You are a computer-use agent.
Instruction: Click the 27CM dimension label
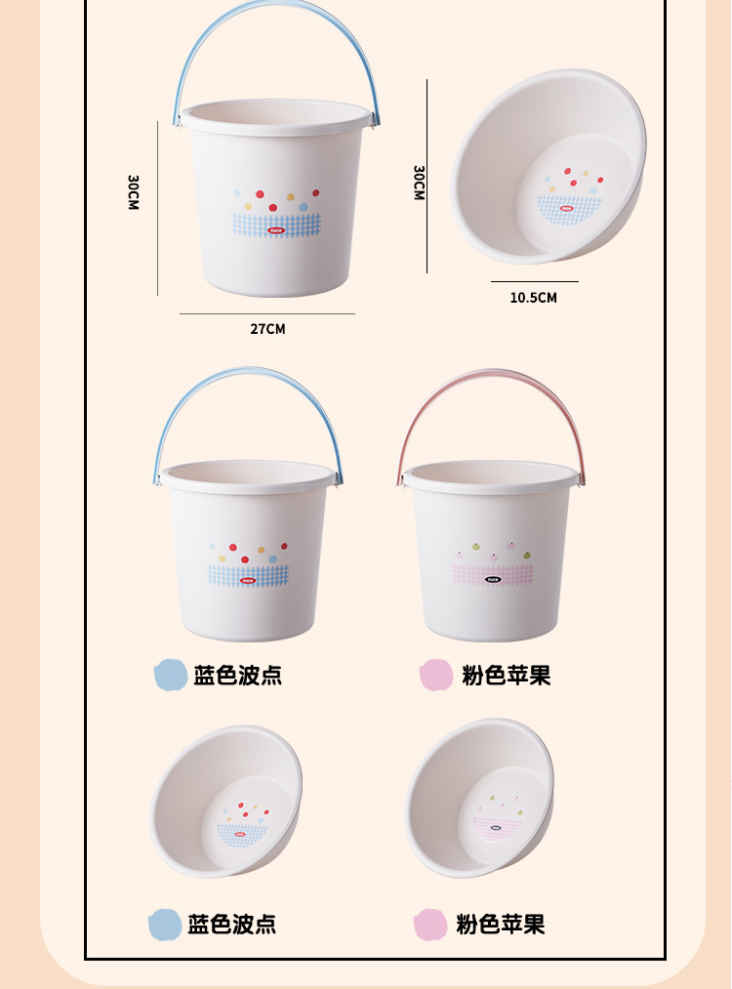tap(267, 329)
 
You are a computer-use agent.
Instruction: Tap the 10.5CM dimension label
tap(533, 298)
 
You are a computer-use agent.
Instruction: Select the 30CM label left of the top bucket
tap(133, 192)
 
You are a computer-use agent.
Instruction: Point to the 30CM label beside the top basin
tap(419, 183)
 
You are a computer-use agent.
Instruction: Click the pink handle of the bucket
tap(492, 382)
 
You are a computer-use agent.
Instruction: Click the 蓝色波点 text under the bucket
tap(237, 675)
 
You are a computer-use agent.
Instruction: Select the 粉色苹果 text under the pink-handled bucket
tap(506, 675)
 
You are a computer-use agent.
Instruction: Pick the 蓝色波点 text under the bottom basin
tap(231, 924)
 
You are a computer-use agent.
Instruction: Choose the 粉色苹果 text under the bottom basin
tap(500, 924)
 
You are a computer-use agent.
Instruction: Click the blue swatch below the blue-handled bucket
tap(170, 675)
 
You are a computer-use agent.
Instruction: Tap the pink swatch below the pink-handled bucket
tap(436, 675)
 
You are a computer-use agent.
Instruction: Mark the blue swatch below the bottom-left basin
tap(164, 924)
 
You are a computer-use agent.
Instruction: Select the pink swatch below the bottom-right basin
tap(430, 924)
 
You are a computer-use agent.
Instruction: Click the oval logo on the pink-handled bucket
tap(493, 579)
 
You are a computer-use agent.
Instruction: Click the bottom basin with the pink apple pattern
tap(479, 799)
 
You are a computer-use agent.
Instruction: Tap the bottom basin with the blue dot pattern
tap(225, 801)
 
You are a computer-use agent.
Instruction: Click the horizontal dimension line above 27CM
tap(266, 313)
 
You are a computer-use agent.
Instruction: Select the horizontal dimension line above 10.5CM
tap(534, 282)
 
